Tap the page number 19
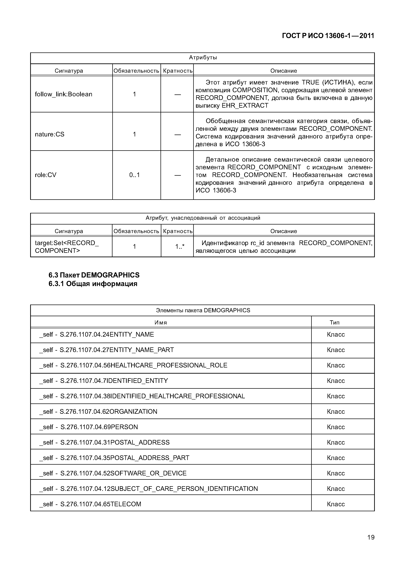371,537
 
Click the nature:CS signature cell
50,134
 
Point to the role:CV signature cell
45,175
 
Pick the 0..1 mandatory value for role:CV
134,175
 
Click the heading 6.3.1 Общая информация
93,284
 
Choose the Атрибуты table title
203,58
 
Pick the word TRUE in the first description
310,82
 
